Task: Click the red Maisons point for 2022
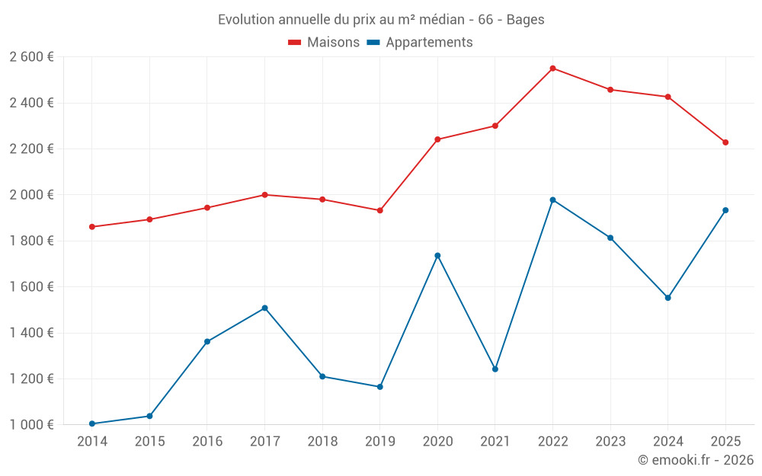552,69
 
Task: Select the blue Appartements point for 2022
552,200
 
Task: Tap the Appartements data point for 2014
92,423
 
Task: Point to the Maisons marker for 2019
380,210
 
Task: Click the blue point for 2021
495,369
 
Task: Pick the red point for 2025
725,142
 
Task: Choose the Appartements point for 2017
264,308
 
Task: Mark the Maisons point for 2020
437,139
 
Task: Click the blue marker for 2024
668,298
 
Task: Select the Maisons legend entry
324,43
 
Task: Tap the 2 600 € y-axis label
31,57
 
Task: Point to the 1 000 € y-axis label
31,425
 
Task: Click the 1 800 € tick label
31,241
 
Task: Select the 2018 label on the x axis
322,442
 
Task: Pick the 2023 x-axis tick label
610,442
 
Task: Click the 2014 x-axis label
92,442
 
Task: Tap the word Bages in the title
525,20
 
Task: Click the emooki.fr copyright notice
696,460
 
